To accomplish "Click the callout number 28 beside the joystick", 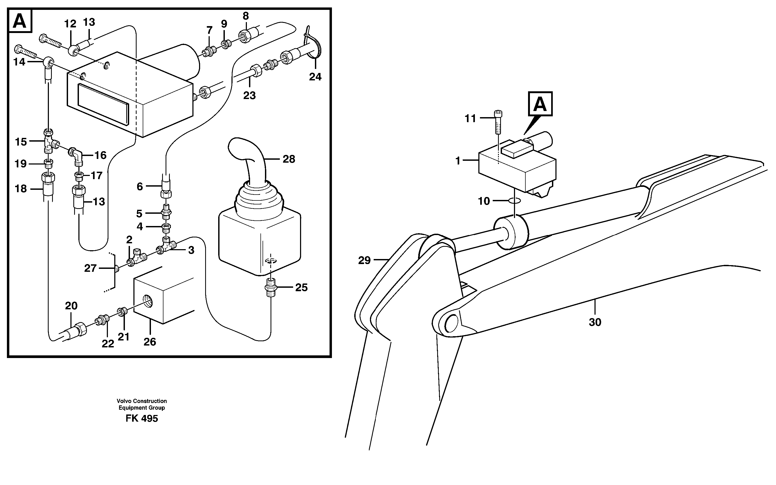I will tap(289, 159).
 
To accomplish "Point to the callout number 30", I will tap(595, 322).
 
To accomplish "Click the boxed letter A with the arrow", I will tap(540, 104).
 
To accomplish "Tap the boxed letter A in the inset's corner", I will tap(20, 21).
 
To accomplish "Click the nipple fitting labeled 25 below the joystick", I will tap(271, 287).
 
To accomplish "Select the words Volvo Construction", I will tap(142, 401).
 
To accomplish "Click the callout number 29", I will tap(364, 260).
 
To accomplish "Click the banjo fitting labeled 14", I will tap(49, 61).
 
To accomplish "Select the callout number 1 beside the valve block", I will tap(458, 161).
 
